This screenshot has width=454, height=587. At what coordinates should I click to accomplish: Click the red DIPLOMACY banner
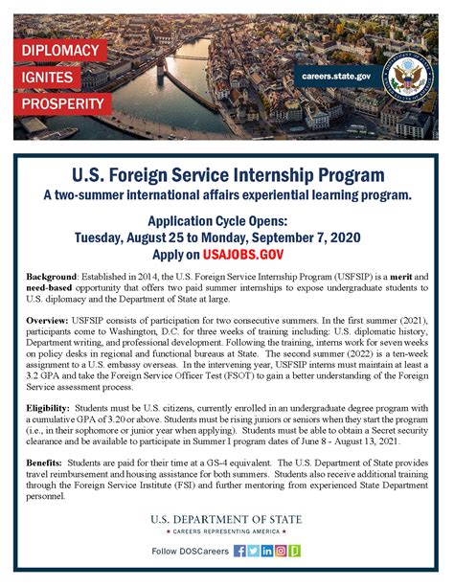coord(59,50)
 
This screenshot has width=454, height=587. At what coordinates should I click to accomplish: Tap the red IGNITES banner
coord(53,77)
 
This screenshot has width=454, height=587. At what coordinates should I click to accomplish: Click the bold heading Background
coord(53,276)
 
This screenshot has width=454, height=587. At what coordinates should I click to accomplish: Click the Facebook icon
coord(239,552)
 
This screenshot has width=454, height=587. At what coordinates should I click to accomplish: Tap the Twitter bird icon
coord(254,552)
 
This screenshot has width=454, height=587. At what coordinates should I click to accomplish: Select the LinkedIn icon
coord(267,552)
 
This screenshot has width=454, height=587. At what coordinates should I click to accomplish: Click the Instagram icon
coord(282,552)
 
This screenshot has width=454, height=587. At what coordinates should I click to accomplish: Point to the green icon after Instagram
coord(296,552)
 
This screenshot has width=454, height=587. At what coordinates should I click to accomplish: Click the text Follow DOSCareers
coord(191,553)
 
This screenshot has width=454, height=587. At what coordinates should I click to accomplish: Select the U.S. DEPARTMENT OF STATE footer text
coord(227,519)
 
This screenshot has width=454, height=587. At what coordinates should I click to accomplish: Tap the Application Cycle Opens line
coord(227,219)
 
